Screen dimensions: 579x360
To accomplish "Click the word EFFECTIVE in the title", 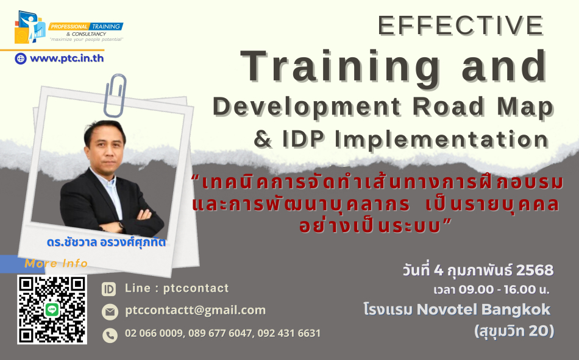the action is [x=461, y=26].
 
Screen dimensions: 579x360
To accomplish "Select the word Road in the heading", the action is [x=449, y=107].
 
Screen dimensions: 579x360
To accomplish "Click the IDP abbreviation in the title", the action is [x=304, y=139].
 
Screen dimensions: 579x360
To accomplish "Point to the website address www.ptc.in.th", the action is [x=67, y=58].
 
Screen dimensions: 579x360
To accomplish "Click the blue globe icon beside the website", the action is [x=21, y=58].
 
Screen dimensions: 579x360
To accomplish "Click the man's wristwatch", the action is [x=121, y=225].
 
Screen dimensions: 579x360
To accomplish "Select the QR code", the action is [x=52, y=309].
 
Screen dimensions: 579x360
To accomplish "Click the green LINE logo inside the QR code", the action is [x=52, y=309].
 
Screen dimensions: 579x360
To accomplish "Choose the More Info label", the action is [x=56, y=263].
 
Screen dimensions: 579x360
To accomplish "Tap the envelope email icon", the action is [x=110, y=312].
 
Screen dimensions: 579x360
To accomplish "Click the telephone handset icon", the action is [x=110, y=335].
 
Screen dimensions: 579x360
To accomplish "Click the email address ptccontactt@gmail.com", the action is [x=196, y=310].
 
